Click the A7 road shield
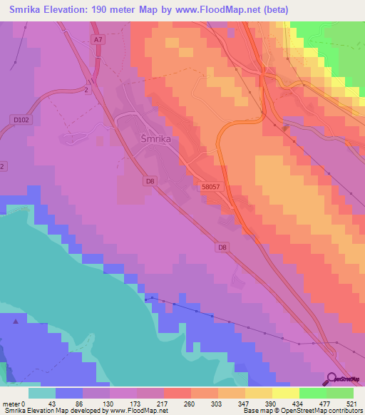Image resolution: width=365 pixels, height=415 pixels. click(x=98, y=40)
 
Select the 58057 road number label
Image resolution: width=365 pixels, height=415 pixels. click(x=210, y=185)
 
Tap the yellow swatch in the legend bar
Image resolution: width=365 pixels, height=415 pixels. click(x=286, y=394)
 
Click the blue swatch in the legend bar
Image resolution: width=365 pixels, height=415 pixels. click(x=69, y=394)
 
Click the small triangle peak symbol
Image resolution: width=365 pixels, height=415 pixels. click(x=16, y=322)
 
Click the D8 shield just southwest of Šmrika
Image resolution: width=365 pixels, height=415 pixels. click(x=150, y=182)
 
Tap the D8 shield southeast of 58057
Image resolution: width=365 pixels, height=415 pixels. click(x=222, y=247)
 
